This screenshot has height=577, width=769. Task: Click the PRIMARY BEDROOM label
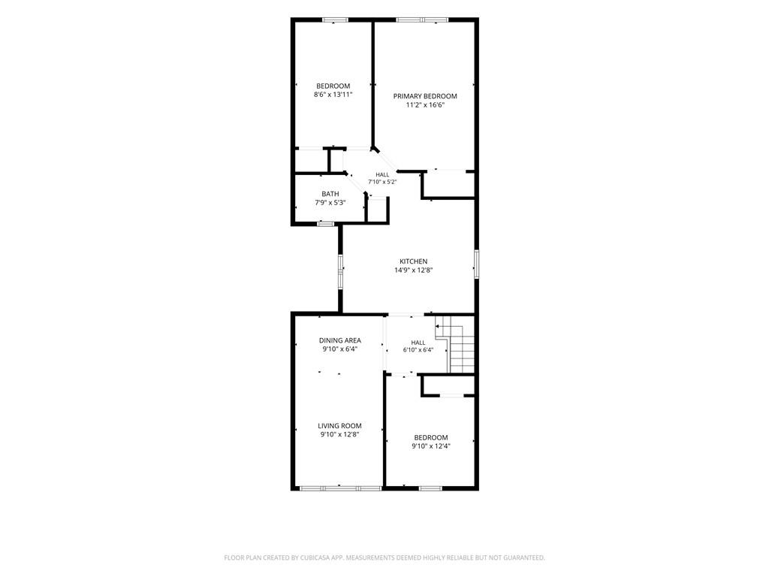coord(425,96)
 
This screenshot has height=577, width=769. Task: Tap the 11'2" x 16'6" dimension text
coord(425,105)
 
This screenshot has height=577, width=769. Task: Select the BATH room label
coord(330,194)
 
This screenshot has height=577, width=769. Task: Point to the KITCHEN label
coord(414,261)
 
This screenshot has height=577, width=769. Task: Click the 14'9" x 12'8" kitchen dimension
coord(414,270)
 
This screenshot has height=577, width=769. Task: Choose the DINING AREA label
coord(340,340)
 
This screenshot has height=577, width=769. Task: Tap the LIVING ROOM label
coord(339,426)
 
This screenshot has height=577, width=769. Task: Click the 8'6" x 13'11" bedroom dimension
coord(333,95)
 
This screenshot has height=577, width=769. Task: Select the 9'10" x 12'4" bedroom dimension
coord(430,446)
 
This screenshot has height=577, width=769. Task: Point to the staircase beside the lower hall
coord(457,344)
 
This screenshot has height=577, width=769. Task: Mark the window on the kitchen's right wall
coord(476,264)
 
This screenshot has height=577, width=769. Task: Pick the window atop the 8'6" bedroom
coord(336,20)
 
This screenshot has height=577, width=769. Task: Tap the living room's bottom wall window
coord(340,488)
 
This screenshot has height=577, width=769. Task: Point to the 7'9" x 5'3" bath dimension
coord(330,203)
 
